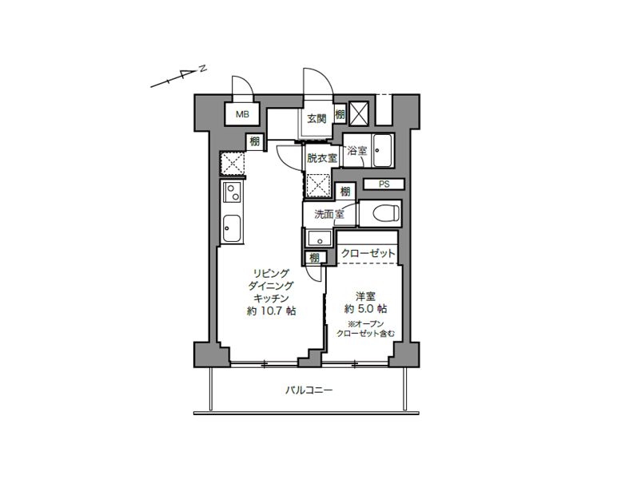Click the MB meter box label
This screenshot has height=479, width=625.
[x=242, y=115]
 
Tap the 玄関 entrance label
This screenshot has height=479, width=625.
[x=316, y=119]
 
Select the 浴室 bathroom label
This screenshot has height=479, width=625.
[x=356, y=151]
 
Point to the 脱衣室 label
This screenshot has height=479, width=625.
[x=321, y=158]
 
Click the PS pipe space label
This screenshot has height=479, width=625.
[x=384, y=184]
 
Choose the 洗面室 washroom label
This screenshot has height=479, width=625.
[x=328, y=214]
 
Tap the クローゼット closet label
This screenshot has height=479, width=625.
[x=368, y=253]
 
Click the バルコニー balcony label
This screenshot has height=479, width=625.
[x=309, y=390]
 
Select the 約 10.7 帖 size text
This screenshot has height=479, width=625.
[x=272, y=311]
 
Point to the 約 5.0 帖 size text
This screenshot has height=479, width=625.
[x=365, y=309]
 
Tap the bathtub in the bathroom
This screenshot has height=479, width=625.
[x=383, y=150]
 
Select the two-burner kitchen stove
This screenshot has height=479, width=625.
[x=232, y=192]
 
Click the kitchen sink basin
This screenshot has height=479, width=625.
[x=232, y=228]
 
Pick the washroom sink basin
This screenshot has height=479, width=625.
[x=319, y=239]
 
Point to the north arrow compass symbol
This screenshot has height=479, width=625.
[x=178, y=76]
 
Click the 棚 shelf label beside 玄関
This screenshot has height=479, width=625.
[x=340, y=115]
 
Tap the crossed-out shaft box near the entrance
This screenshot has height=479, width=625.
[x=359, y=113]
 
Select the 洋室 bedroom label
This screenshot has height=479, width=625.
[x=365, y=297]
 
